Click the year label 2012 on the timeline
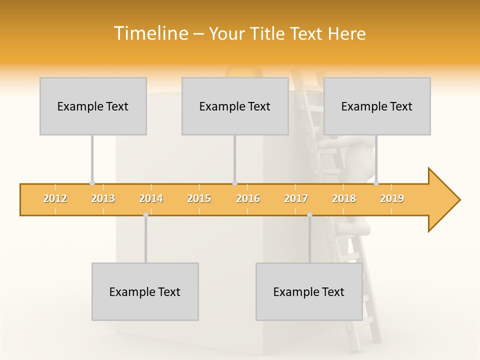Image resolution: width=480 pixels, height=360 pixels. pyautogui.click(x=55, y=198)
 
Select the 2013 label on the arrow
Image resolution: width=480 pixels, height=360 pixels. pyautogui.click(x=103, y=198)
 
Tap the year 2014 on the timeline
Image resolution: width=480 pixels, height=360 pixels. pyautogui.click(x=151, y=198)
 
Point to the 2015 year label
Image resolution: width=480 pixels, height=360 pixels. pyautogui.click(x=199, y=198)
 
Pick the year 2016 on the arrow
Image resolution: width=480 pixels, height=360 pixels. pyautogui.click(x=248, y=198)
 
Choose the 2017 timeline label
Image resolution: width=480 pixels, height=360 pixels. pyautogui.click(x=296, y=198)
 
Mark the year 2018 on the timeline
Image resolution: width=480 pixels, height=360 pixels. pyautogui.click(x=344, y=198)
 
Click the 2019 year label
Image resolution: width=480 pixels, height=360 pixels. pyautogui.click(x=392, y=198)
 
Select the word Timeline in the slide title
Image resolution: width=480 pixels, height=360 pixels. pyautogui.click(x=150, y=33)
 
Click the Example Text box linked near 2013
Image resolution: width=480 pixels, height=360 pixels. pyautogui.click(x=93, y=106)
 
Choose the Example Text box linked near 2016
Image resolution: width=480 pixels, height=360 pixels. pyautogui.click(x=235, y=106)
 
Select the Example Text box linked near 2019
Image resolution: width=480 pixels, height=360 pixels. pyautogui.click(x=377, y=106)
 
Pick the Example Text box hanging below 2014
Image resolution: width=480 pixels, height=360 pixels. pyautogui.click(x=145, y=291)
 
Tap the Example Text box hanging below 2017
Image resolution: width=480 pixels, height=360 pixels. pyautogui.click(x=309, y=291)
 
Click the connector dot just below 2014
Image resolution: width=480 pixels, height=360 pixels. pyautogui.click(x=145, y=214)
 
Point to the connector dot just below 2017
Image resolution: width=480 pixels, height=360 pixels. pyautogui.click(x=309, y=214)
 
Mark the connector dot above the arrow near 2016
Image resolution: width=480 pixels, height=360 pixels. pyautogui.click(x=234, y=183)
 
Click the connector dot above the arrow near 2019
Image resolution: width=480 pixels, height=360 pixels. pyautogui.click(x=376, y=183)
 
